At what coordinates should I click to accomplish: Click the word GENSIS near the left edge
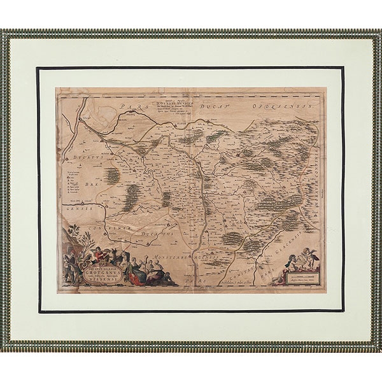pyautogui.click(x=79, y=209)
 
